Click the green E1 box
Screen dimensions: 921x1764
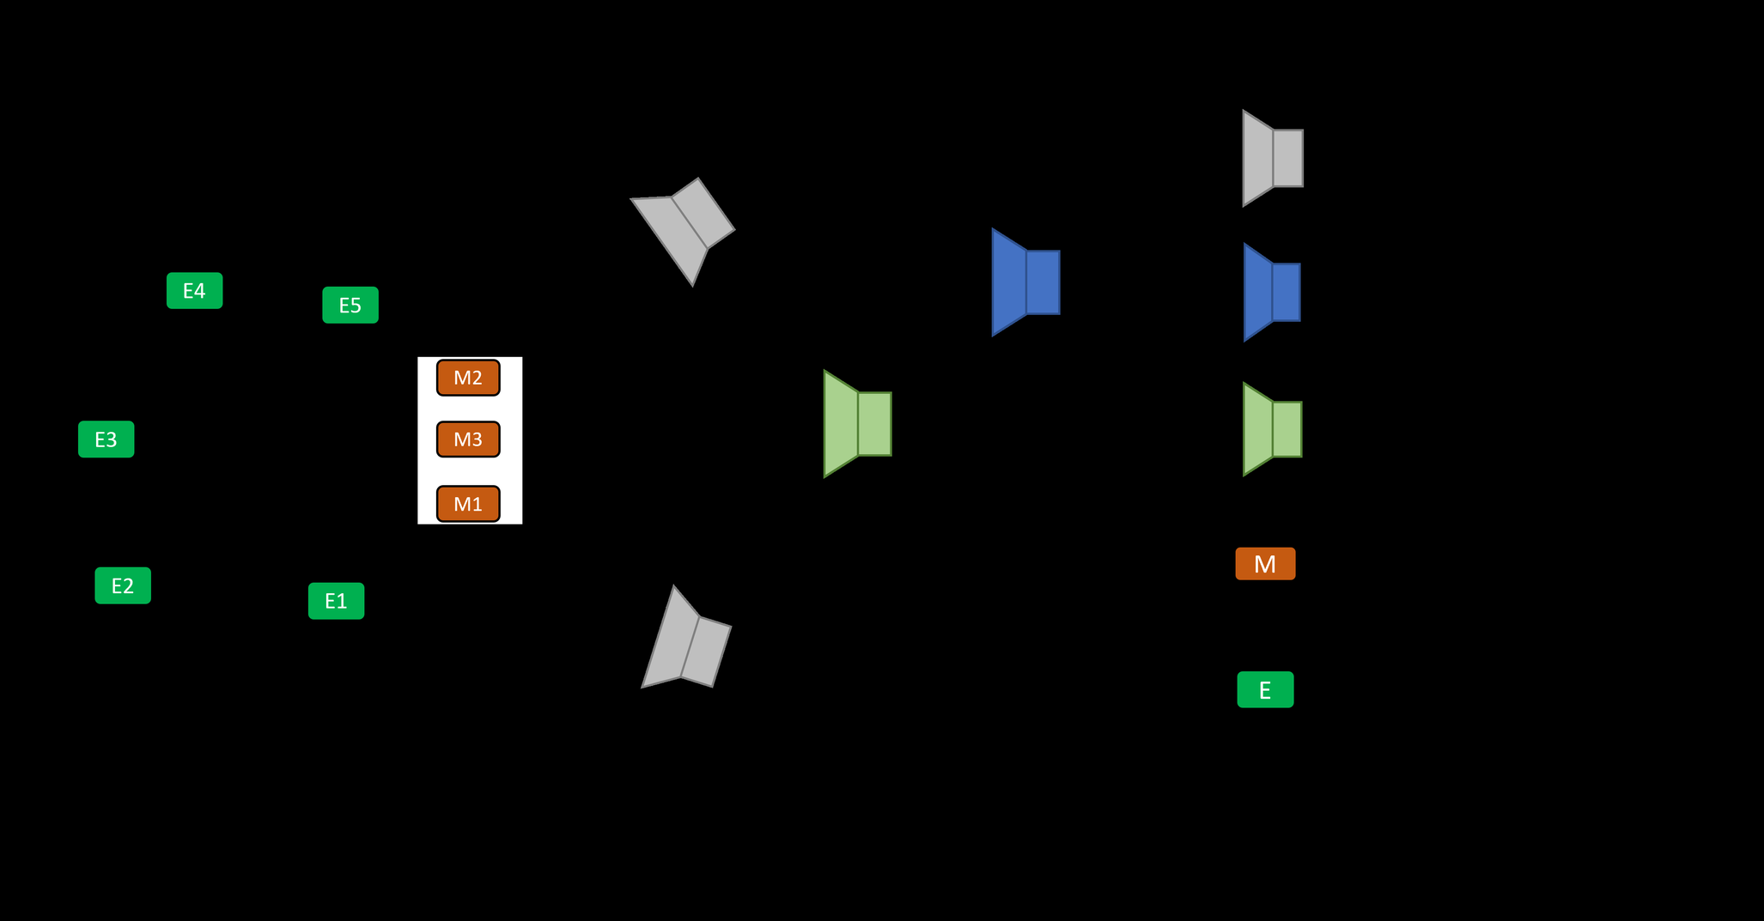click(x=336, y=601)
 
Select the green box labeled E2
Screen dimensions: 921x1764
click(x=123, y=585)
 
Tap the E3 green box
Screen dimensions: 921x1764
click(x=106, y=439)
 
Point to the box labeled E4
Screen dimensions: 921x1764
click(x=194, y=291)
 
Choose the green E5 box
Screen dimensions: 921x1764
click(x=350, y=305)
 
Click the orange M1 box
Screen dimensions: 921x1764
click(x=468, y=504)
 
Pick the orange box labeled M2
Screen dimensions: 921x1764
click(x=468, y=378)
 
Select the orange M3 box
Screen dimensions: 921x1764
click(x=468, y=439)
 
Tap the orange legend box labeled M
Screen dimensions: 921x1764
click(x=1265, y=564)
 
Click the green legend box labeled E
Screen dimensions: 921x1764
click(x=1265, y=689)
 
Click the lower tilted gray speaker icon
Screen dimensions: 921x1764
click(x=685, y=642)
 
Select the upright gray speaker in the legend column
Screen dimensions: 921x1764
click(x=1272, y=158)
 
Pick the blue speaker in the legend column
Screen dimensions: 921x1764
click(x=1271, y=293)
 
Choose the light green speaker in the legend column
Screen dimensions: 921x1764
click(x=1272, y=429)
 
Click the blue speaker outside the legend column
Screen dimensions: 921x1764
click(x=1025, y=282)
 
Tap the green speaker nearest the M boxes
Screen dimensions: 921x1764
click(x=857, y=424)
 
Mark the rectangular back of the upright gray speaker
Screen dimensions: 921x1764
click(x=1288, y=158)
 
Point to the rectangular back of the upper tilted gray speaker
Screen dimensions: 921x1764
click(x=703, y=213)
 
